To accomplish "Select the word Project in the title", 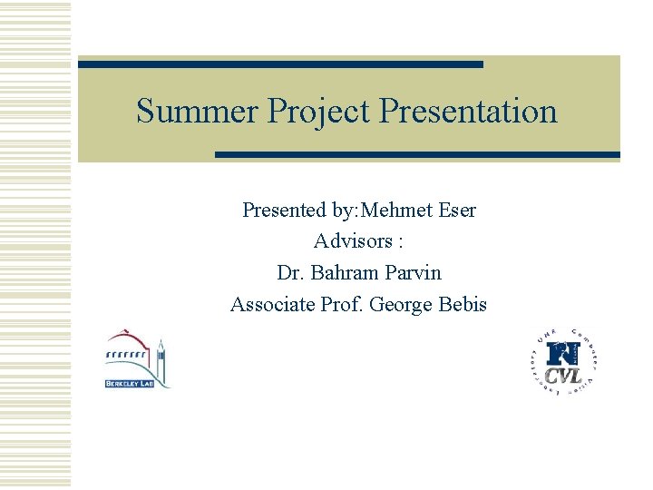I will click(x=320, y=112).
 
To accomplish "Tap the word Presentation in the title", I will click(x=469, y=112).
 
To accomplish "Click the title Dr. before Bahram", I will click(x=290, y=272).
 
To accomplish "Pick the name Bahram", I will click(x=341, y=272).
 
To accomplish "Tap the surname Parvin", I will click(x=412, y=272).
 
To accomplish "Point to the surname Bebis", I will click(x=463, y=304).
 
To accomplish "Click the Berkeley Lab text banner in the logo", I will click(x=129, y=384).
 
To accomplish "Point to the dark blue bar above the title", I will click(x=280, y=64).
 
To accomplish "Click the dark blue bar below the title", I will click(x=417, y=155).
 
